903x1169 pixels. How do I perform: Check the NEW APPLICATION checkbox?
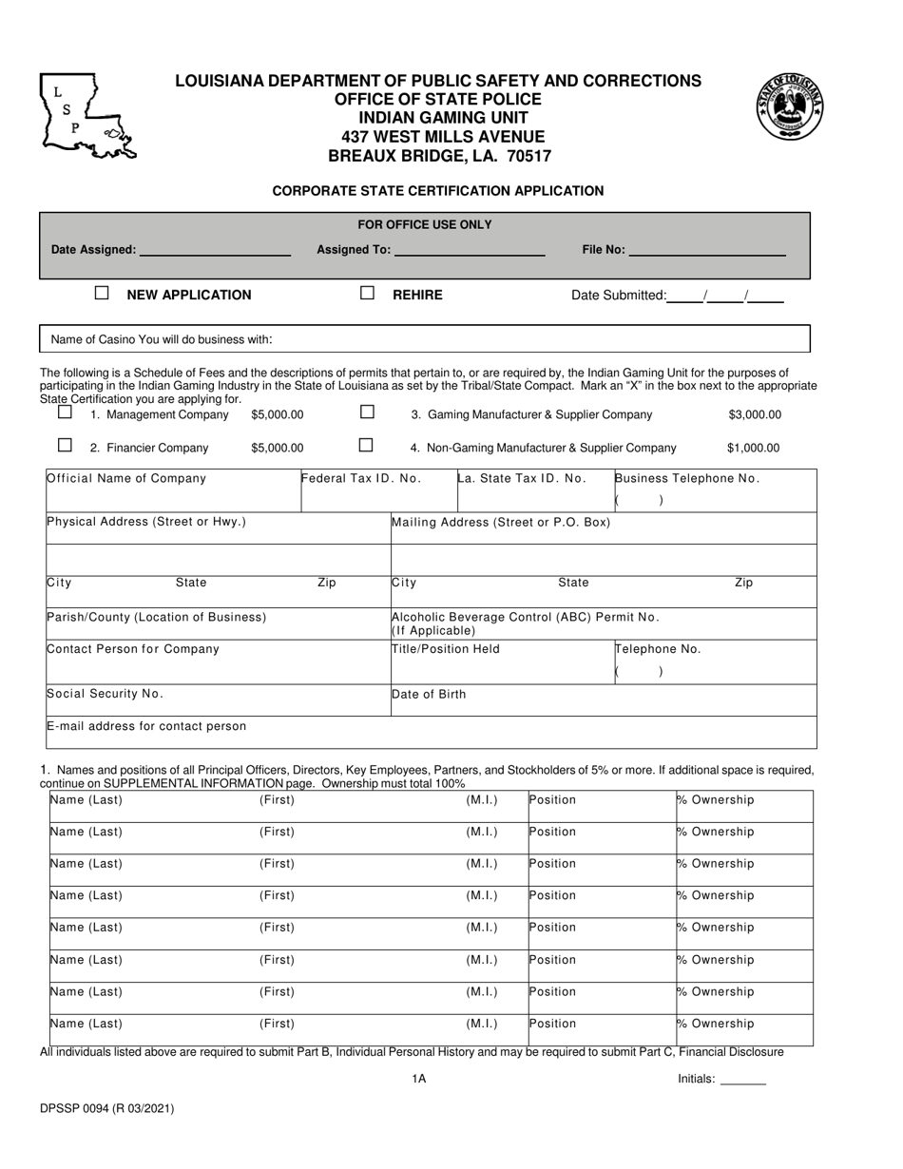pyautogui.click(x=102, y=294)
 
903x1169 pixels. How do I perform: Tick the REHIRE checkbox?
pyautogui.click(x=367, y=294)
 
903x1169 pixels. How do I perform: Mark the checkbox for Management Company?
pyautogui.click(x=65, y=413)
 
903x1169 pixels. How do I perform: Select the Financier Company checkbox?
pyautogui.click(x=65, y=445)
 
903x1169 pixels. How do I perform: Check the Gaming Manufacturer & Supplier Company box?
pyautogui.click(x=367, y=412)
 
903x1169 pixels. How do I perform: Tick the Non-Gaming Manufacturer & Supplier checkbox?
pyautogui.click(x=366, y=445)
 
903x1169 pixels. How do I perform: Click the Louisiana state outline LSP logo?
pyautogui.click(x=86, y=116)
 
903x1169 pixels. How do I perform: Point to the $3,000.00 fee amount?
pyautogui.click(x=755, y=414)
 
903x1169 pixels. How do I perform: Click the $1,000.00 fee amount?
pyautogui.click(x=753, y=448)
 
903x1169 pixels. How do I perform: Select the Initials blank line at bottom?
pyautogui.click(x=743, y=1081)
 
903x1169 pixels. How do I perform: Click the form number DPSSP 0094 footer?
pyautogui.click(x=107, y=1108)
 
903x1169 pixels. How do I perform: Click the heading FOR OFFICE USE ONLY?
pyautogui.click(x=424, y=225)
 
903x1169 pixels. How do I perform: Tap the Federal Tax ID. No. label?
pyautogui.click(x=362, y=478)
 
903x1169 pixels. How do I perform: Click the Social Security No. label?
pyautogui.click(x=106, y=694)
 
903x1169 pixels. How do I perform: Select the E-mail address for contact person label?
pyautogui.click(x=147, y=726)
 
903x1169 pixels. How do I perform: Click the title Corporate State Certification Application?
pyautogui.click(x=438, y=190)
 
